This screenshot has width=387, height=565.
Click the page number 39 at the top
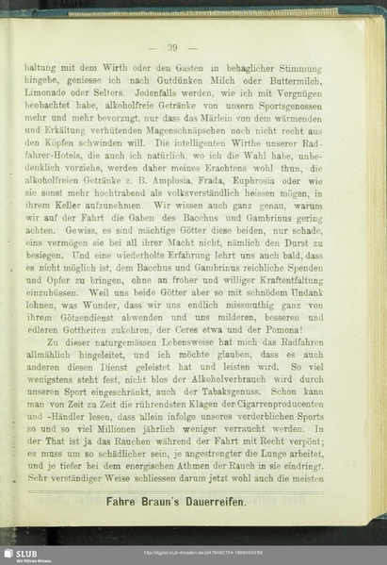click(173, 47)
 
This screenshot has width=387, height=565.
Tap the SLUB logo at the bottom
click(21, 554)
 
